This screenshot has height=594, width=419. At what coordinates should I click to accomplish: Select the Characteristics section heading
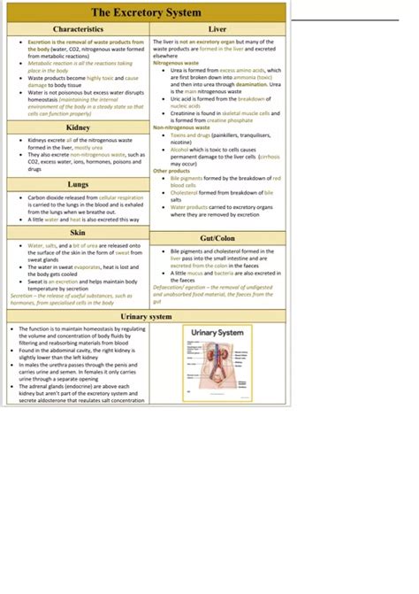(77, 30)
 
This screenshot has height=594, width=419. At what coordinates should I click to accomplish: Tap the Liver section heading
(217, 30)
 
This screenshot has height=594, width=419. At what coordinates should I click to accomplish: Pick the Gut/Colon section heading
(217, 238)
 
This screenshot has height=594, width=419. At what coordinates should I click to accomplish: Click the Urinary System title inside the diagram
(217, 333)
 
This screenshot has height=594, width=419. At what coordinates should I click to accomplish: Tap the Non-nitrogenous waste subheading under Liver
(181, 127)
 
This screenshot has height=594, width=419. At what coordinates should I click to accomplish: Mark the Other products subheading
(171, 171)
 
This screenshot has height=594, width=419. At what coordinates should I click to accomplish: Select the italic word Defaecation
(171, 288)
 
